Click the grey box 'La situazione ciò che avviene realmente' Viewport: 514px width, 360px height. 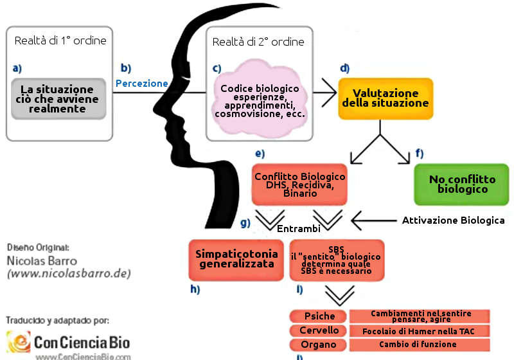(58, 99)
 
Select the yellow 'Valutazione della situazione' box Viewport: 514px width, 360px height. (385, 98)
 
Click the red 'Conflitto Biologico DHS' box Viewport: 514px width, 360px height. (300, 184)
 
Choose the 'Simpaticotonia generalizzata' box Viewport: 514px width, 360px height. (236, 258)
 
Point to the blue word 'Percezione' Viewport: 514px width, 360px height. (142, 84)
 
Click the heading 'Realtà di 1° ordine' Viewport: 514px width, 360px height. (60, 41)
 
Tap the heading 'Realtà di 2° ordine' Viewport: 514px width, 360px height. (258, 42)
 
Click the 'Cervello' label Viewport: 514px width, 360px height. (319, 330)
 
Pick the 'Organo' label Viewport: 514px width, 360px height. (319, 345)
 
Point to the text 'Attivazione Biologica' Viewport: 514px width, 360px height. (453, 221)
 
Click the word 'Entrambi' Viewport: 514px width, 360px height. (298, 230)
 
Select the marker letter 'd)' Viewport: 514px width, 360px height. (344, 68)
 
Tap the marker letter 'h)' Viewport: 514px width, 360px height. (195, 289)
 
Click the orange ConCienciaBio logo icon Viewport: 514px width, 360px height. (18, 341)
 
